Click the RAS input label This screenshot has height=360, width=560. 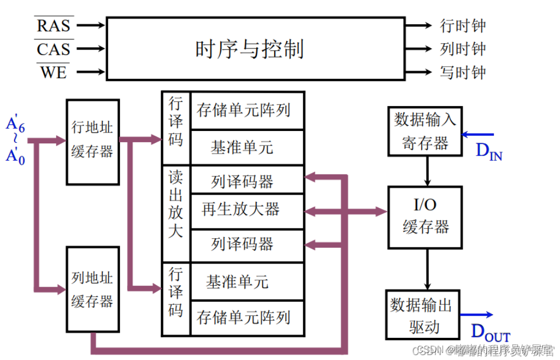pos(54,25)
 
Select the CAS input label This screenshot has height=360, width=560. pos(54,49)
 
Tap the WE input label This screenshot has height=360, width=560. pos(54,72)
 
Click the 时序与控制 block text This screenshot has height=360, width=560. pos(249,49)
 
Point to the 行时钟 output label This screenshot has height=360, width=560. pos(463,25)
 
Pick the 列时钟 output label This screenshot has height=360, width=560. pos(463,49)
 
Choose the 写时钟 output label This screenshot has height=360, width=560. pos(463,72)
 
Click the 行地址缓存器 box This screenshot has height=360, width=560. pos(92,141)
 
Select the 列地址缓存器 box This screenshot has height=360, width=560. pos(92,290)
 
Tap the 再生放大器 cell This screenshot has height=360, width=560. pos(241,210)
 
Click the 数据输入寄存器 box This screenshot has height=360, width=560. pos(425,131)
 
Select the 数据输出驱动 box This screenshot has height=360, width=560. pos(422,315)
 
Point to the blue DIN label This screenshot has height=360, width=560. pos(489,151)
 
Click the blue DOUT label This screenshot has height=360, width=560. pos(490,331)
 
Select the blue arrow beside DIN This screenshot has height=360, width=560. pos(477,134)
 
